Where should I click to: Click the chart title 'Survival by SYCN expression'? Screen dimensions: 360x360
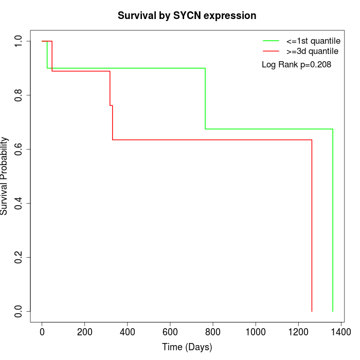click(x=187, y=15)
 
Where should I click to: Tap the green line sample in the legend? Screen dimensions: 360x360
click(x=271, y=41)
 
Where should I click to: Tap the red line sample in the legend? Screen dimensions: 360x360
click(x=271, y=51)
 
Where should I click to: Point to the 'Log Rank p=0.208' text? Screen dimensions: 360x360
click(x=296, y=65)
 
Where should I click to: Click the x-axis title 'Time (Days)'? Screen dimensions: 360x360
click(x=187, y=347)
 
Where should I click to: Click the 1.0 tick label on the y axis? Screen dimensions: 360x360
click(x=19, y=41)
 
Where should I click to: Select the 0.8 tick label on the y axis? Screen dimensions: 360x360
click(x=19, y=95)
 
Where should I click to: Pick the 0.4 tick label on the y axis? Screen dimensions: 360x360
click(x=19, y=203)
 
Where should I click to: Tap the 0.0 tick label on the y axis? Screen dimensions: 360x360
click(x=19, y=311)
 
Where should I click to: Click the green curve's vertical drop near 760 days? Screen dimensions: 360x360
click(x=205, y=98)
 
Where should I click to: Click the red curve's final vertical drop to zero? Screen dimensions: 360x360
click(x=312, y=226)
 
